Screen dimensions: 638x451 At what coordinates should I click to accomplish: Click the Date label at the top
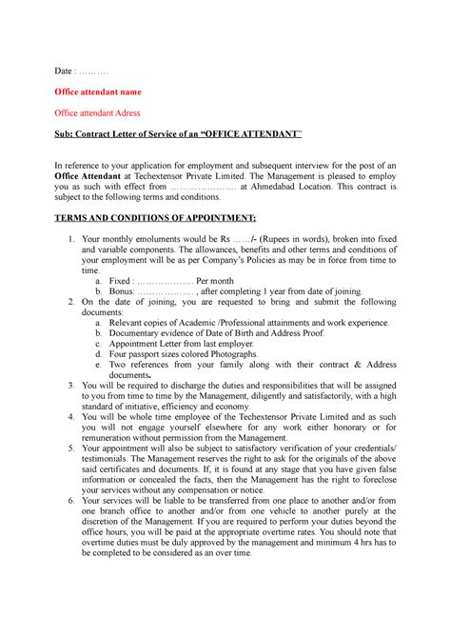(x=62, y=71)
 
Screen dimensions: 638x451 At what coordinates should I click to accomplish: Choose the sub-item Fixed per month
(x=150, y=282)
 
